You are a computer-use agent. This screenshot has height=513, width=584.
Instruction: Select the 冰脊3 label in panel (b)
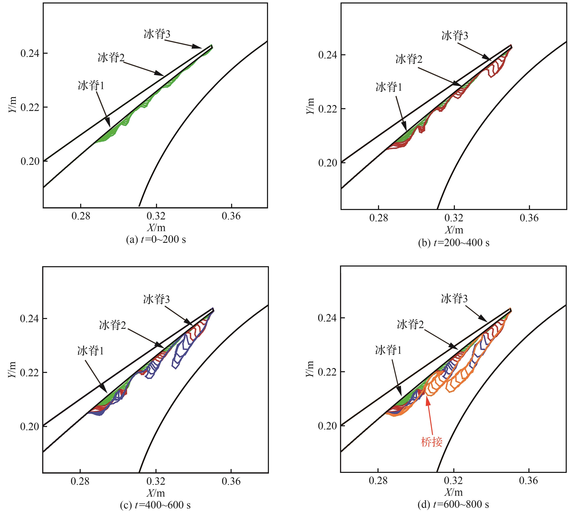tap(455, 36)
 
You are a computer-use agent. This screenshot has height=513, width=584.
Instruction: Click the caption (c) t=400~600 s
tap(155, 505)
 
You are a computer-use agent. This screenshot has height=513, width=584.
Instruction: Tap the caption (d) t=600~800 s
tap(453, 504)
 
